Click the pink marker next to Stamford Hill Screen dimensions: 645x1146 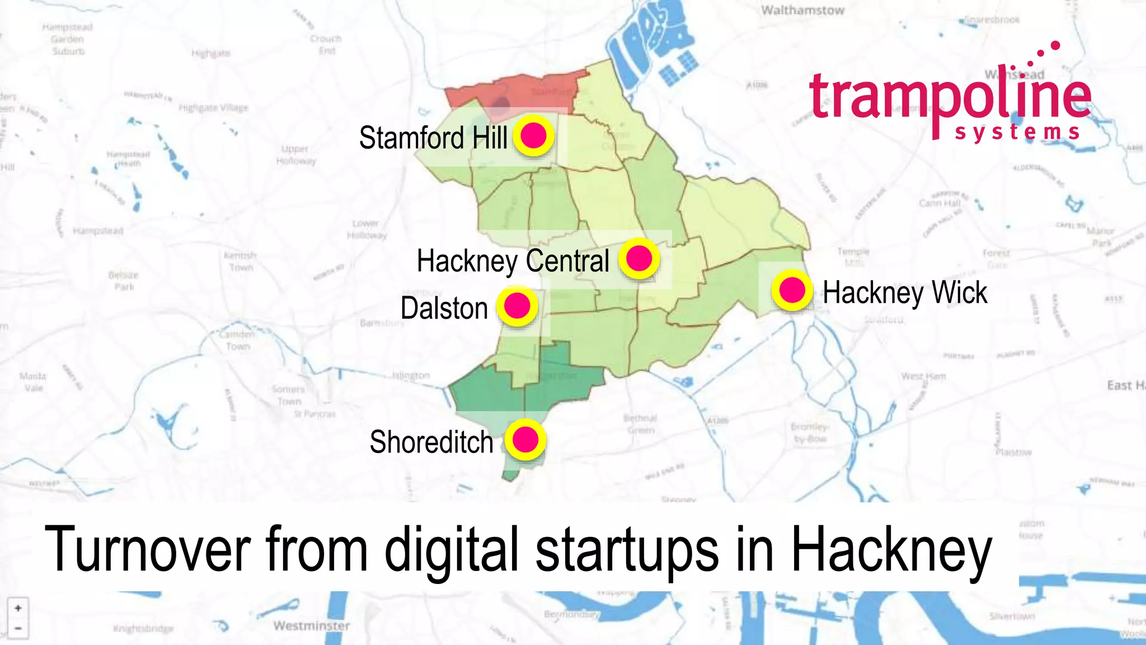(x=533, y=135)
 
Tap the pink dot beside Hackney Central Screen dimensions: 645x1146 (x=639, y=259)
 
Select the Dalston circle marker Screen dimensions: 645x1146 (x=517, y=306)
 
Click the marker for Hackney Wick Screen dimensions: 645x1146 (x=792, y=290)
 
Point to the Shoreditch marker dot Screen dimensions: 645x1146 (x=525, y=440)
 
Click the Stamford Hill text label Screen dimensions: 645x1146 (x=433, y=138)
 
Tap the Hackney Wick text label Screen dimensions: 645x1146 (x=905, y=293)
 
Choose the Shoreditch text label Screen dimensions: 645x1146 (x=431, y=442)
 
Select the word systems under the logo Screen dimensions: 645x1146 (x=1017, y=132)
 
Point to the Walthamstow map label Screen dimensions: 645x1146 (x=802, y=10)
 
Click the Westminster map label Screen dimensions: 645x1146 (x=312, y=625)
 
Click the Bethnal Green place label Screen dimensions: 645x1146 (x=641, y=424)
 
